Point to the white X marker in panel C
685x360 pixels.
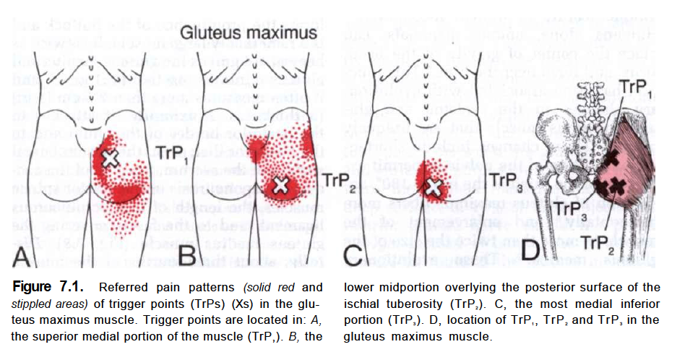point(433,187)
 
